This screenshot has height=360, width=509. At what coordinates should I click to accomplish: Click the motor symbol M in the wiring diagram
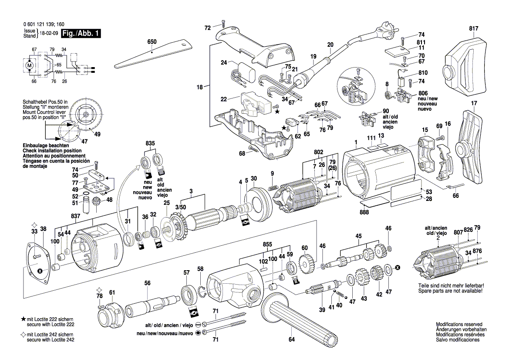point(30,65)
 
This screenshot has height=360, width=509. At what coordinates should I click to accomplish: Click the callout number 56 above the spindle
point(147,283)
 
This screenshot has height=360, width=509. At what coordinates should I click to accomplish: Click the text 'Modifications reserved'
point(459,325)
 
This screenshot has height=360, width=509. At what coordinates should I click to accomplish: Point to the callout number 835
point(150,143)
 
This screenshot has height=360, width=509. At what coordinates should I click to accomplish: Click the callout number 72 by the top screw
point(208,28)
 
